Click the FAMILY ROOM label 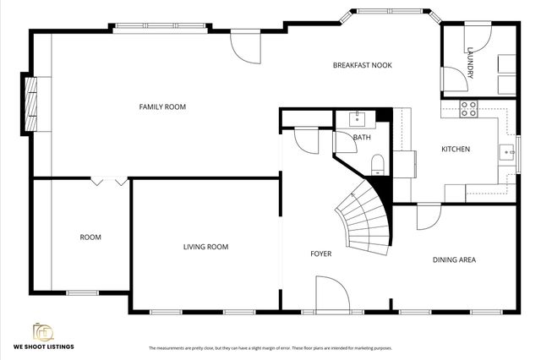point(162,106)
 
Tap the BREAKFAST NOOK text point(362,65)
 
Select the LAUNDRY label point(470,66)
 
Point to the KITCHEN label point(456,150)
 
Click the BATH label point(362,137)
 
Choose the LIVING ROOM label point(206,247)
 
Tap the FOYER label point(320,254)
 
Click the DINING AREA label point(454,259)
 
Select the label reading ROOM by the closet point(90,237)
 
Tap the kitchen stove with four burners point(468,108)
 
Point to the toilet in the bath point(377,163)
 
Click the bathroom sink point(358,117)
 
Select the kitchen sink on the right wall point(506,152)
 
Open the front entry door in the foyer point(332,297)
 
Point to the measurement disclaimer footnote point(270,348)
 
